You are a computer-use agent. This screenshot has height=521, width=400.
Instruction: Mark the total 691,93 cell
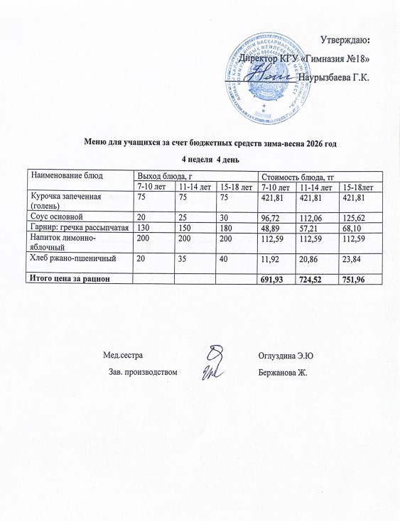(x=274, y=280)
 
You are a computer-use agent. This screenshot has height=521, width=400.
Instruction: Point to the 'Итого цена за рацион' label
(x=68, y=279)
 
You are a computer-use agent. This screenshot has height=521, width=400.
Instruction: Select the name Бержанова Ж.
(x=283, y=371)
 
